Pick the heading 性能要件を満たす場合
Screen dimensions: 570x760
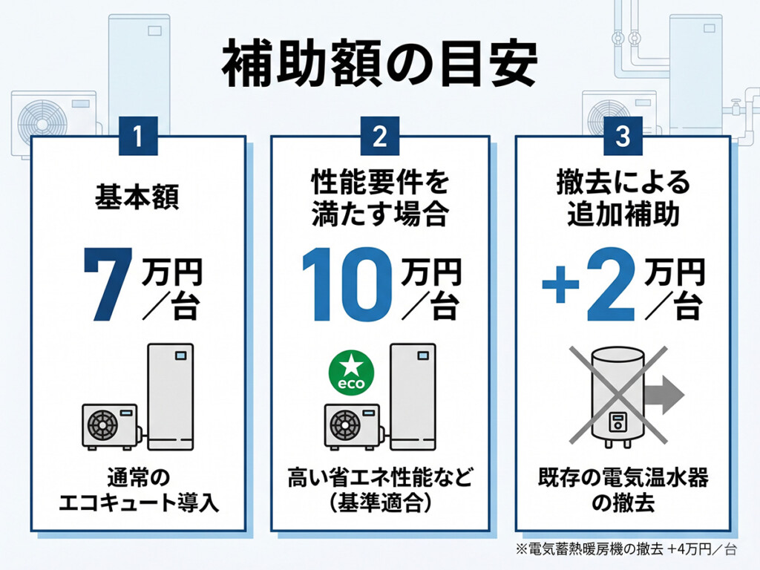click(x=379, y=199)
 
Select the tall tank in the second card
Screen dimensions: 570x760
click(x=412, y=396)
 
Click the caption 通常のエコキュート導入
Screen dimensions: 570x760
click(x=138, y=491)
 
